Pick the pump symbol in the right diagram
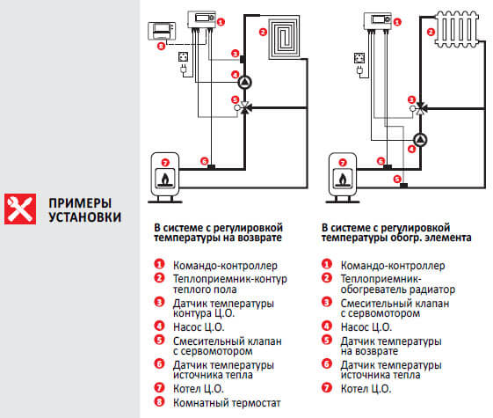coord(421,139)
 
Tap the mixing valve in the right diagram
coord(421,107)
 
